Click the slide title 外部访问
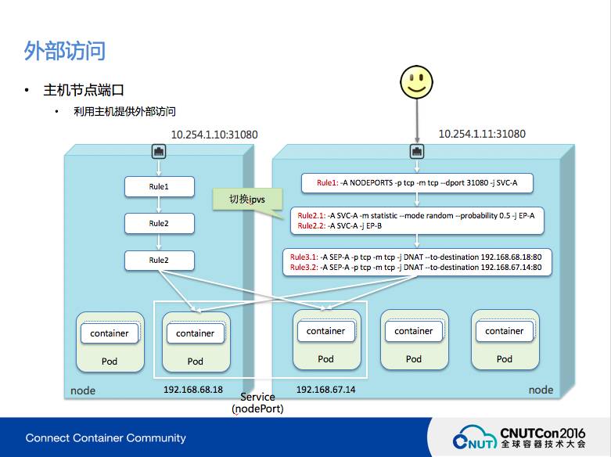click(64, 52)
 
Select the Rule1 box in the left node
click(159, 187)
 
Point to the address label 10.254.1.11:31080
click(482, 134)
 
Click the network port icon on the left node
click(159, 152)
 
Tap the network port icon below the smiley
click(416, 152)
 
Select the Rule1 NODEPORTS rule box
click(416, 183)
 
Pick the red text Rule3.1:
click(304, 257)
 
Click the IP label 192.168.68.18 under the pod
click(193, 389)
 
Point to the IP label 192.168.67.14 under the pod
click(325, 389)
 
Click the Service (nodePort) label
click(257, 403)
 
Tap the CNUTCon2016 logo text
click(541, 431)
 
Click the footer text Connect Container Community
click(106, 437)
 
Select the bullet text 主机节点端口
click(84, 91)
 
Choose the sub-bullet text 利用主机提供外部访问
click(124, 113)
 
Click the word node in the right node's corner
click(541, 390)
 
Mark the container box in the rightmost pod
click(505, 331)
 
